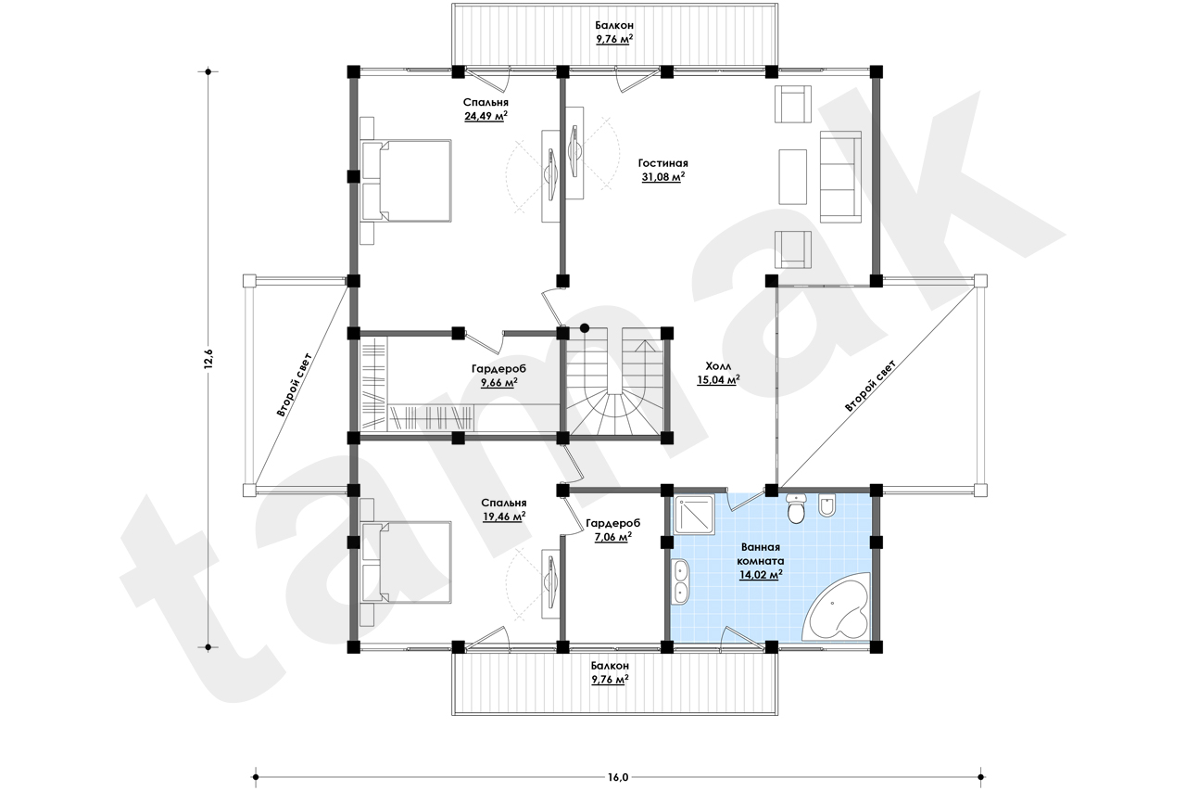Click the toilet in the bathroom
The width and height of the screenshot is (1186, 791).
(795, 508)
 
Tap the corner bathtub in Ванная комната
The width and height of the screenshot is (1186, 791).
(839, 608)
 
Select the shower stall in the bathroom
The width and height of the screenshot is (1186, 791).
(694, 514)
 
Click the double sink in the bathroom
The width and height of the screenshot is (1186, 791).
(680, 581)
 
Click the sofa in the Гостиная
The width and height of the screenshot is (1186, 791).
(840, 176)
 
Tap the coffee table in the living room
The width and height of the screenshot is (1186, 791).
(792, 176)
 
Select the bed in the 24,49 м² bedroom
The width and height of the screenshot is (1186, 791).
(406, 181)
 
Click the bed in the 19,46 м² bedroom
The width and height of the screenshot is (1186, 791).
(406, 562)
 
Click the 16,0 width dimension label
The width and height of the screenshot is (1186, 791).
(618, 777)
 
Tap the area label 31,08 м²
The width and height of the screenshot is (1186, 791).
(663, 177)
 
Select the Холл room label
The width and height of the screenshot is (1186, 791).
(718, 366)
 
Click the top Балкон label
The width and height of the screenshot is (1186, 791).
(614, 25)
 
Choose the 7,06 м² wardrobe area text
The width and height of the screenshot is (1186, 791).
(612, 537)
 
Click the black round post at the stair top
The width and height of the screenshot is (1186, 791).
(585, 328)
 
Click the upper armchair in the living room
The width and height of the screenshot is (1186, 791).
(793, 104)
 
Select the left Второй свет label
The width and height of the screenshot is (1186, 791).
(295, 384)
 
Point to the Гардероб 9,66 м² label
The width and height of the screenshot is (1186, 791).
(498, 376)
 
